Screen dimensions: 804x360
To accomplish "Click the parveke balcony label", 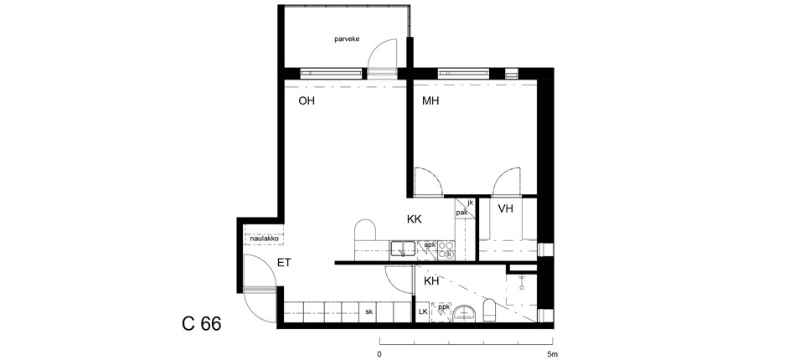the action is [347, 39].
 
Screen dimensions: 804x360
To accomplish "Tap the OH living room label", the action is [307, 101].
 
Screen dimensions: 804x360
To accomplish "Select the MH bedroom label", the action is [430, 101].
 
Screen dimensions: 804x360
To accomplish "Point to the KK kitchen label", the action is [415, 219].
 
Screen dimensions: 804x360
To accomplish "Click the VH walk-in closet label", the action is [506, 208].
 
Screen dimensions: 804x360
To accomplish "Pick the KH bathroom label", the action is [431, 281].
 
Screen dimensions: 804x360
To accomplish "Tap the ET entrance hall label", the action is [284, 263].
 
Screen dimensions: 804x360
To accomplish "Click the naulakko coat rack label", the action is [264, 239].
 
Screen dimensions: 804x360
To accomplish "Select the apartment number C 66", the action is [202, 324].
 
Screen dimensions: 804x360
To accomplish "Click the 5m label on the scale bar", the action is [551, 354].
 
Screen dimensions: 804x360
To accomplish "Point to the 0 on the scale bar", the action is [379, 354].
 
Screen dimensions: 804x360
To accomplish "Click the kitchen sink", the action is [403, 249].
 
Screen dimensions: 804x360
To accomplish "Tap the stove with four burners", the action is [446, 249].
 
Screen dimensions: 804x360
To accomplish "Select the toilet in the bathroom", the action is [489, 311].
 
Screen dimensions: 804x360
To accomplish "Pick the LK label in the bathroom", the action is [423, 311].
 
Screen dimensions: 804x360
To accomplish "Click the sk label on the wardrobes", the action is [368, 311].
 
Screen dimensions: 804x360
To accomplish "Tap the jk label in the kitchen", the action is [470, 203].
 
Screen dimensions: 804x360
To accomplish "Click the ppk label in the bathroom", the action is [444, 307].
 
